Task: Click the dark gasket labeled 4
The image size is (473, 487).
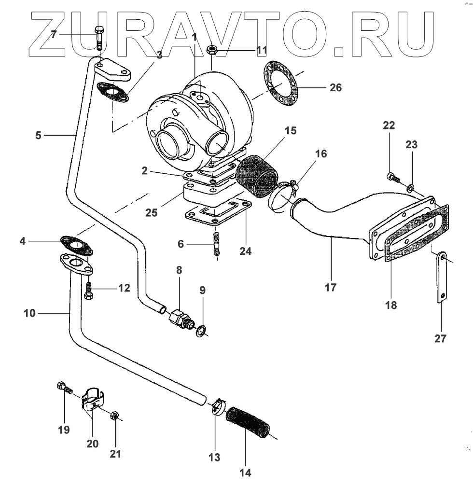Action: tap(77, 244)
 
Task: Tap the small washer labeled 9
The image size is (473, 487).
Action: tap(200, 331)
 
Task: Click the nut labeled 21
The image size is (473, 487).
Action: tap(115, 416)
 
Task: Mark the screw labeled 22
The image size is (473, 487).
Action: tap(392, 178)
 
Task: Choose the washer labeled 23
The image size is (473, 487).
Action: tap(410, 187)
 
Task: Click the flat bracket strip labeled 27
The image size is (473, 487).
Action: tap(442, 278)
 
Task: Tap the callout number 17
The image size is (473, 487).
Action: tap(331, 288)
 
